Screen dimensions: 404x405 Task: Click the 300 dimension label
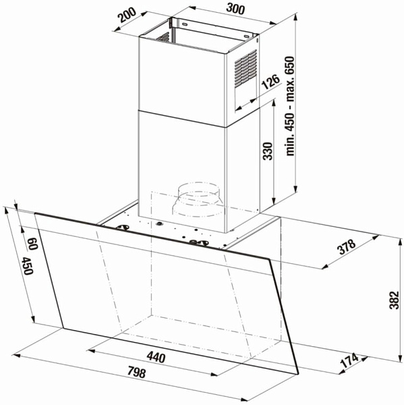(x=235, y=9)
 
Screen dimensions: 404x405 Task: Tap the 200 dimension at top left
(x=127, y=16)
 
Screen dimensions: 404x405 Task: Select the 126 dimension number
(x=270, y=82)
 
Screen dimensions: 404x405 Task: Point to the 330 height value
(x=268, y=151)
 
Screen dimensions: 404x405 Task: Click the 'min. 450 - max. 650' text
(x=290, y=106)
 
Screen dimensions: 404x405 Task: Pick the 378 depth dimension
(x=347, y=247)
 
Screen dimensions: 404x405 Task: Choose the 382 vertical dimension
(x=394, y=300)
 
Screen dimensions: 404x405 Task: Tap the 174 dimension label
(x=349, y=361)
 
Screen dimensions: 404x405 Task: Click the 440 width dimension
(x=156, y=358)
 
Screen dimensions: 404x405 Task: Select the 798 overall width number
(x=136, y=372)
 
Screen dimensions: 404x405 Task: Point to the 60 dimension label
(x=32, y=244)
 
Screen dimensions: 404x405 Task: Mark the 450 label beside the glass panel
(x=27, y=266)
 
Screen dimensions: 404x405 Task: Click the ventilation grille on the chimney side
(x=246, y=68)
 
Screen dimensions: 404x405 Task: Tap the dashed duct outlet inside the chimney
(x=197, y=199)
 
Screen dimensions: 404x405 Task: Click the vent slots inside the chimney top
(x=163, y=37)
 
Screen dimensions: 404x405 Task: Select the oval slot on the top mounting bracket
(x=185, y=24)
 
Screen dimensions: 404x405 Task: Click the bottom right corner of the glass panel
(x=298, y=374)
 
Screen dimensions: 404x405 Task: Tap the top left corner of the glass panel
(x=35, y=213)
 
